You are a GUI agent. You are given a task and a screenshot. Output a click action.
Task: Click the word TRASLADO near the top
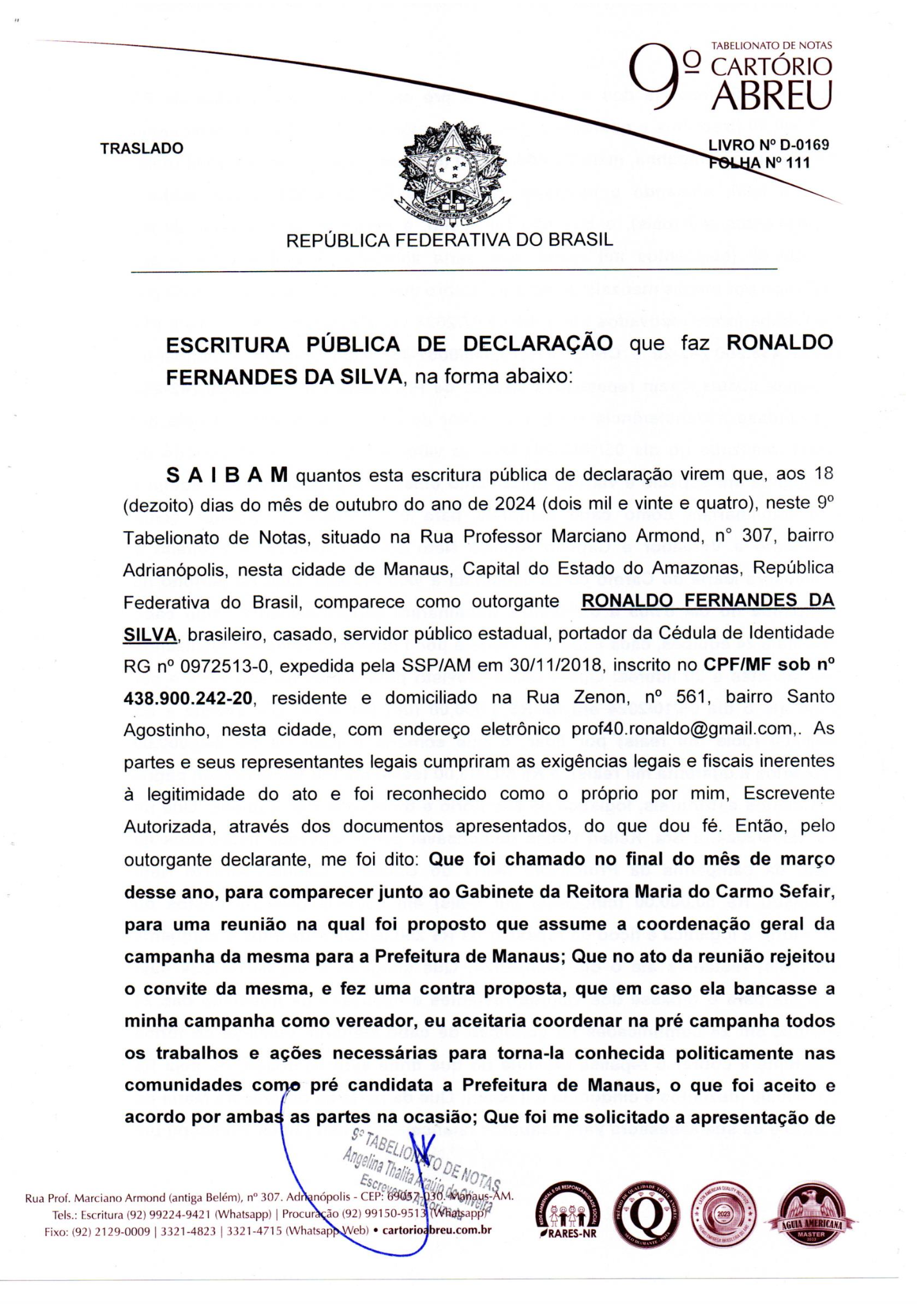pos(141,148)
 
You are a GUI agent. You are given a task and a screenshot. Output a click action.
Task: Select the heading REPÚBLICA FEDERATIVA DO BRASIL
pos(449,240)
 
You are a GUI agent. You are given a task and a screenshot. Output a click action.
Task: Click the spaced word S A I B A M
pos(227,476)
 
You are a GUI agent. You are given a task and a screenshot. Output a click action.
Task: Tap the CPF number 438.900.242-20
pos(188,698)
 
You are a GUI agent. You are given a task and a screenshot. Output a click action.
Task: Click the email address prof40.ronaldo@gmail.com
pos(681,730)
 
